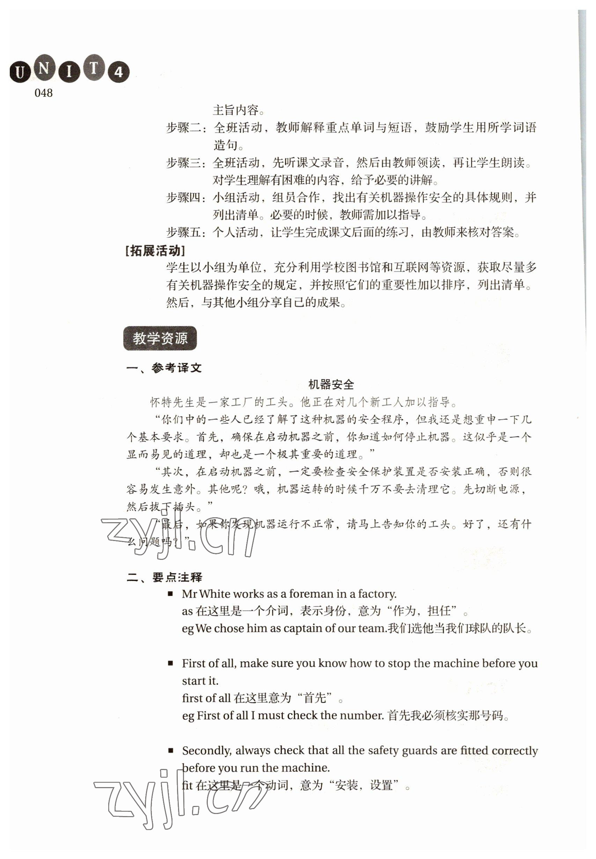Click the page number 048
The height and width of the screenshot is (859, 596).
pyautogui.click(x=43, y=93)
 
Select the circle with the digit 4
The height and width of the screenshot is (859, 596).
pyautogui.click(x=119, y=72)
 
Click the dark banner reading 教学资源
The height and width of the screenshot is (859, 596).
pyautogui.click(x=160, y=339)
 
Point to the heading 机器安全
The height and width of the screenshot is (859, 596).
pyautogui.click(x=331, y=384)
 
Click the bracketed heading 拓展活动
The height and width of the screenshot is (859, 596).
pyautogui.click(x=155, y=251)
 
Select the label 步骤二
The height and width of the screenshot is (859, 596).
pyautogui.click(x=186, y=128)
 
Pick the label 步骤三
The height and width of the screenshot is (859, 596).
pyautogui.click(x=186, y=163)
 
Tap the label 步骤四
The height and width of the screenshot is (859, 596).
pyautogui.click(x=186, y=198)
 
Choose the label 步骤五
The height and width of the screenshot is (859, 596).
pyautogui.click(x=186, y=232)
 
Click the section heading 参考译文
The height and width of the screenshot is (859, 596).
pyautogui.click(x=176, y=368)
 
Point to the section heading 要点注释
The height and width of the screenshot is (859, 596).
pyautogui.click(x=177, y=578)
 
